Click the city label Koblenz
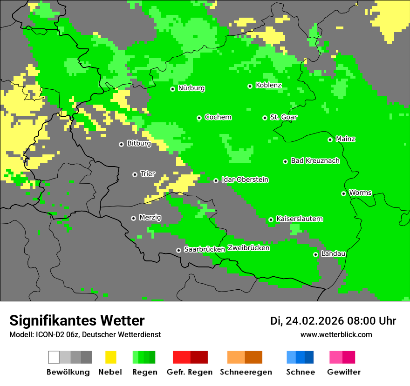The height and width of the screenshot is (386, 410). point(268,85)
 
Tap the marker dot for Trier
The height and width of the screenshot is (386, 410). point(135,174)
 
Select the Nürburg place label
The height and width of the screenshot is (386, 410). point(191,88)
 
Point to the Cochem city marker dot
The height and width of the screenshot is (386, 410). point(199,118)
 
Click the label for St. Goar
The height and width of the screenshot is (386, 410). point(283,117)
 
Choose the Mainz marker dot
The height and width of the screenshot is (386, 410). point(330,140)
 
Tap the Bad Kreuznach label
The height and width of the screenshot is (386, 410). point(315,160)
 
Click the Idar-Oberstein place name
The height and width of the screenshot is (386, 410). point(245,180)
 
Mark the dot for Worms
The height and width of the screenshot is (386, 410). point(343,193)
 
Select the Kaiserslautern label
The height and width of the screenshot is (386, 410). point(299,219)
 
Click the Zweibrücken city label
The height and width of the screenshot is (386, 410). point(248,248)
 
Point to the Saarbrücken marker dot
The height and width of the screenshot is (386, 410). point(178,250)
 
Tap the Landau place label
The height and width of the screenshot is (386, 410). point(333,253)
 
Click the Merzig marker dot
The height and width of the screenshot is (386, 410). point(133,218)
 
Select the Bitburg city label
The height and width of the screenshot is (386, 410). point(139,143)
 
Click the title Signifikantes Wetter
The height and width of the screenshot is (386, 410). point(77,320)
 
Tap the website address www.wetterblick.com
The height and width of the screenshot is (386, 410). point(336,334)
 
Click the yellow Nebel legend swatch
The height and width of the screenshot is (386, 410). point(110,357)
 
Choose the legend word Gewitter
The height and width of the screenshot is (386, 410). point(343,372)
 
